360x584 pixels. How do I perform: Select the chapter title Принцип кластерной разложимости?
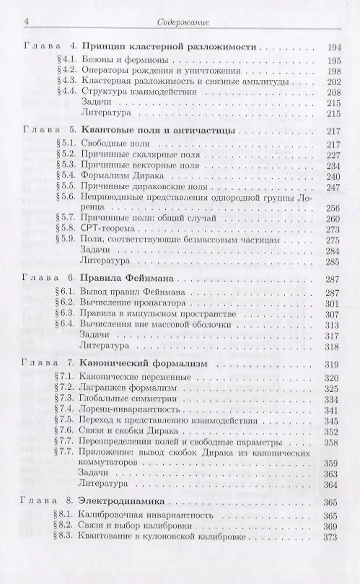tap(170, 47)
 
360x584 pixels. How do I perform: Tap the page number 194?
tap(333, 47)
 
